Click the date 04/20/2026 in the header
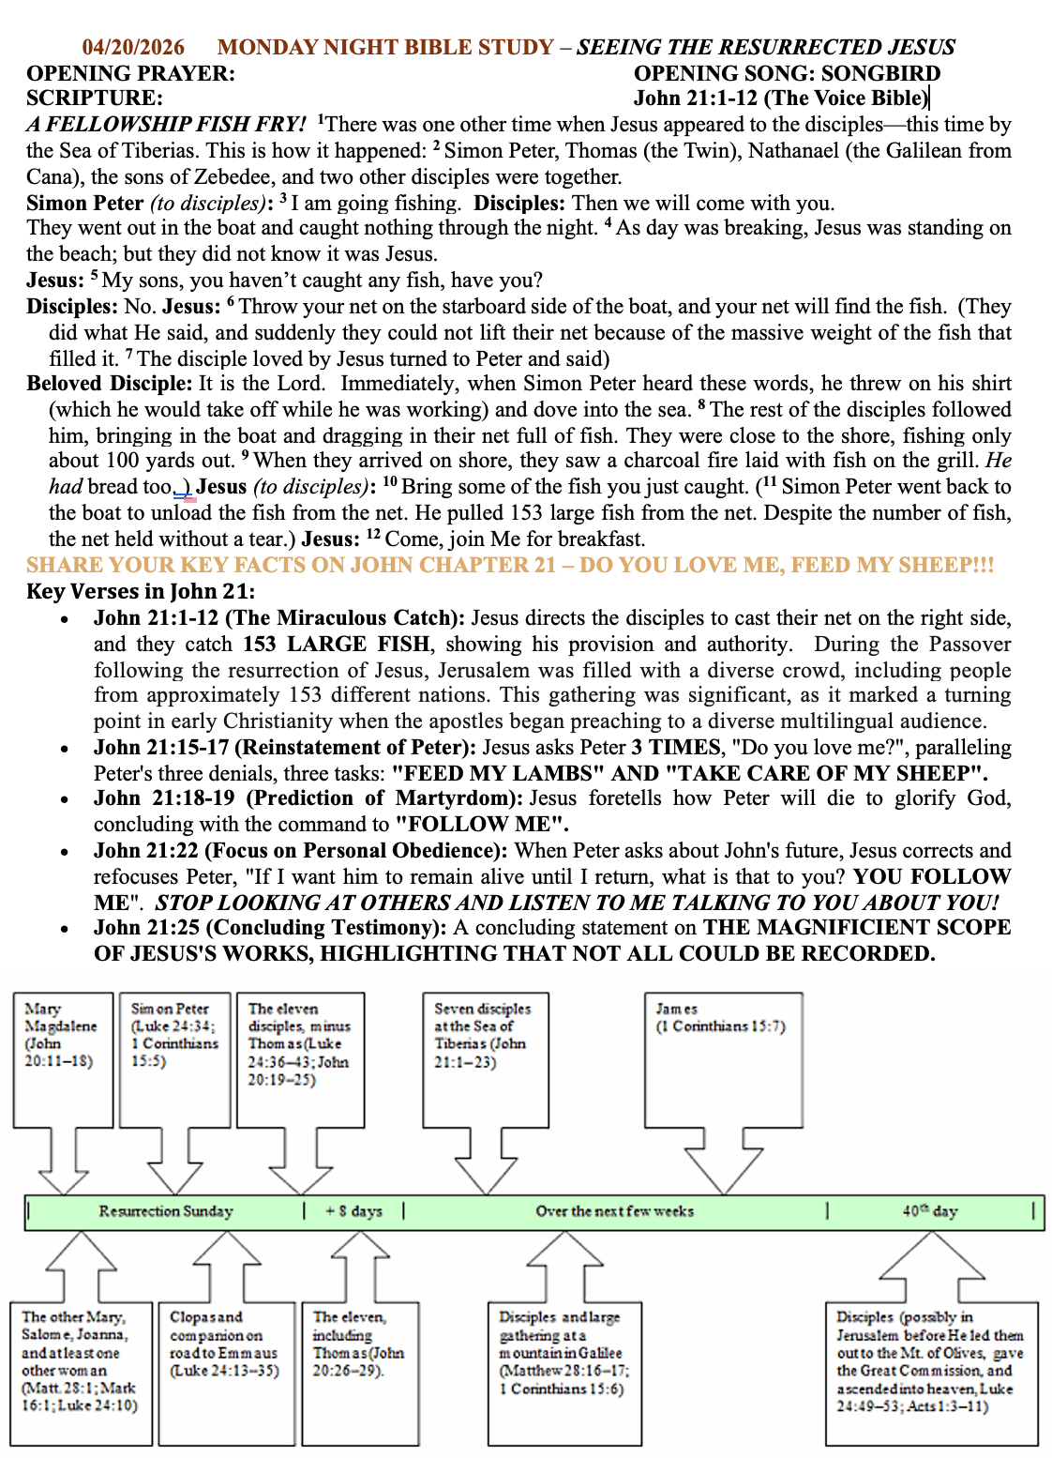133,47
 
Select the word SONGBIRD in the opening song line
880,73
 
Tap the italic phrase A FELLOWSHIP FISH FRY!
166,124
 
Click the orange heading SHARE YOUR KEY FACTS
509,565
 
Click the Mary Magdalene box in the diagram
63,1059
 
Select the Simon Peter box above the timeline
174,1059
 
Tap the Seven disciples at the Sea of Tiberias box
485,1059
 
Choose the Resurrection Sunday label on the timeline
166,1211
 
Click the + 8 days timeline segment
353,1211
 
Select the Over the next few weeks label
614,1211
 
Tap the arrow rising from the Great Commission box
932,1265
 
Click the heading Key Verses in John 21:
141,591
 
